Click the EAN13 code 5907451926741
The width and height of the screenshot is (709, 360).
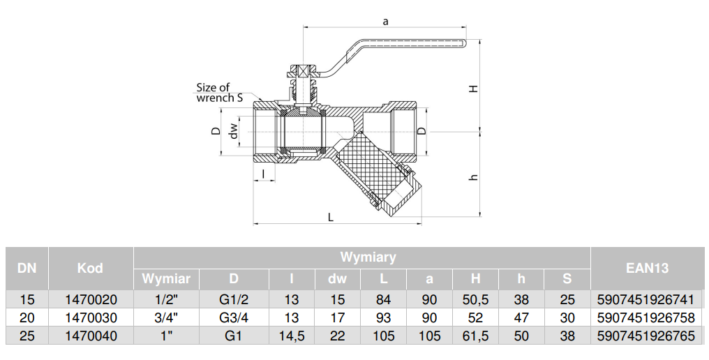point(645,300)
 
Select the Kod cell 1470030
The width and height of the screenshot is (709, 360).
point(90,318)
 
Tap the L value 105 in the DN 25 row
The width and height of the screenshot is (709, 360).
point(382,336)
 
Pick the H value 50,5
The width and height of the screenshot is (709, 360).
point(475,300)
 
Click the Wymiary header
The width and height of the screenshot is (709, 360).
point(368,257)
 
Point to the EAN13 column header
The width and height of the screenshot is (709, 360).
point(647,268)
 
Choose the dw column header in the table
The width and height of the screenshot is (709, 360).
point(337,279)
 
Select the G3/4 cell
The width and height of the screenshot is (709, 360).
point(234,318)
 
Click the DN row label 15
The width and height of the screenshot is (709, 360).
point(27,300)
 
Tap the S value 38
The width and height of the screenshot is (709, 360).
point(567,336)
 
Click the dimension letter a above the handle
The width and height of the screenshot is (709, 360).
point(385,21)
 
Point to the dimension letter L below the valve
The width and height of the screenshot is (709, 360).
point(331,217)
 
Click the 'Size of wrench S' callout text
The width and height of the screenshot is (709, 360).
point(219,93)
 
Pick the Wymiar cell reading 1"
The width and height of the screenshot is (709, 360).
point(166,336)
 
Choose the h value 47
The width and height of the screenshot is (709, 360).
point(521,318)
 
